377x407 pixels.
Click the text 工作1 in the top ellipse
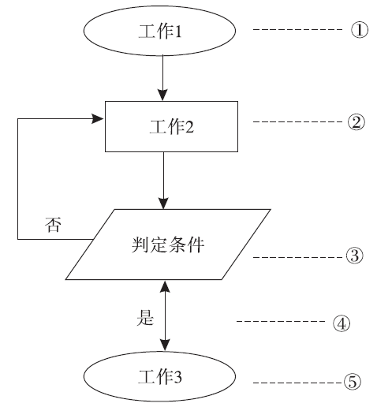pos(160,32)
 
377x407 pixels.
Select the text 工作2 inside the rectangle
pos(171,126)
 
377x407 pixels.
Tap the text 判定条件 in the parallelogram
pos(168,245)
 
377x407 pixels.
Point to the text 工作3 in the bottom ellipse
pos(160,377)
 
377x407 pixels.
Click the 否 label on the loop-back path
pos(53,225)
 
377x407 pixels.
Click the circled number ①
pos(360,30)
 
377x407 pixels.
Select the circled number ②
pos(356,122)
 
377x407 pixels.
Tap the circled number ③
pos(354,256)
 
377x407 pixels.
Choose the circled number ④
pos(342,323)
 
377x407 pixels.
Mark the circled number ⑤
pos(353,382)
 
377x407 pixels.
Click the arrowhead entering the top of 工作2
pos(162,95)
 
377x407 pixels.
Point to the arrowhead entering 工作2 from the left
pos(97,119)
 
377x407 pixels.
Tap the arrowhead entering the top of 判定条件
pos(163,203)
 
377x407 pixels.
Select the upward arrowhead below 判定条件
pos(165,286)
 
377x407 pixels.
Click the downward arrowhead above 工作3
pos(165,345)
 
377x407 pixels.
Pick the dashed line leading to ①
pos(297,29)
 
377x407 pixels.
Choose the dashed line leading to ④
pos(281,321)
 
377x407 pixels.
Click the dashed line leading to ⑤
pos(297,383)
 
